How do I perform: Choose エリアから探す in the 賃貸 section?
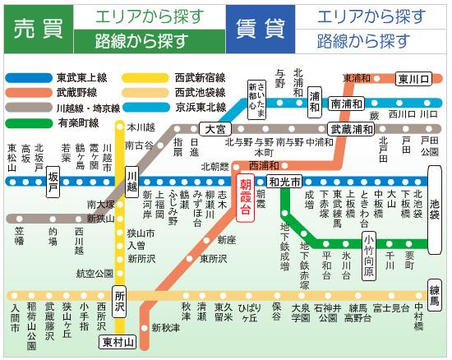click(x=371, y=16)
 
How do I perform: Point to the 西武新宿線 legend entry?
click(x=201, y=78)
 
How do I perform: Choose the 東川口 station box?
click(x=413, y=79)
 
